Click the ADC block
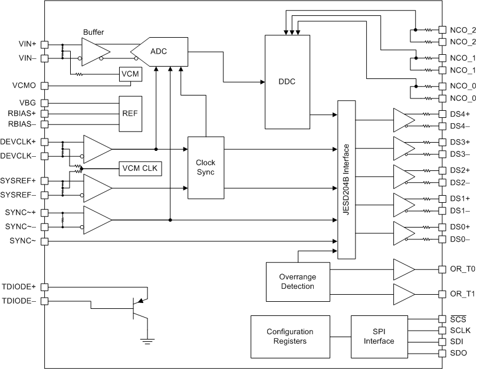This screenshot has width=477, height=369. pyautogui.click(x=158, y=51)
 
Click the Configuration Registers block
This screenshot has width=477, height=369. pyautogui.click(x=290, y=336)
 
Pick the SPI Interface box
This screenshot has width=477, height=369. pyautogui.click(x=379, y=336)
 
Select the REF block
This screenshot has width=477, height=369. pyautogui.click(x=131, y=113)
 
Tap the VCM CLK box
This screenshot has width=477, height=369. pyautogui.click(x=140, y=168)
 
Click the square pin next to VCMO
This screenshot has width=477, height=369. pyautogui.click(x=44, y=85)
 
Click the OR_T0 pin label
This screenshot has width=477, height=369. pyautogui.click(x=462, y=269)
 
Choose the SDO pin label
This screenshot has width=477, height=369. pyautogui.click(x=458, y=352)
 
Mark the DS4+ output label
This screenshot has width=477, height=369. pyautogui.click(x=460, y=114)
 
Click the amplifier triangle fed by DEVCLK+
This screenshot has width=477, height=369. pyautogui.click(x=97, y=149)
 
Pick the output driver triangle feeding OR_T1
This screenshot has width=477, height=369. pyautogui.click(x=404, y=294)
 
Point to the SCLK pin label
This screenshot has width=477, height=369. pyautogui.click(x=460, y=331)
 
